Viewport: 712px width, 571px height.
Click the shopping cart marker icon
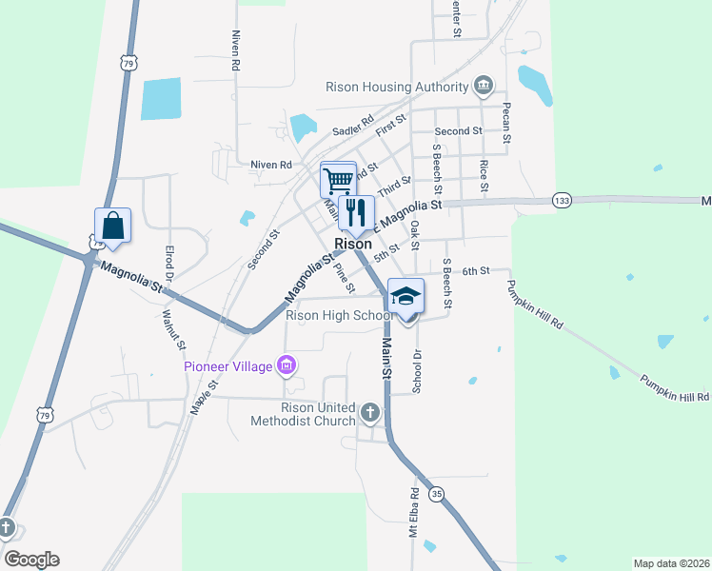click(338, 179)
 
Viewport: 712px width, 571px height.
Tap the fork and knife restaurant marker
click(356, 212)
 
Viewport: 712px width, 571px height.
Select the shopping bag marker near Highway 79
click(112, 226)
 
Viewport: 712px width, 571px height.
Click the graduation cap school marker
click(405, 297)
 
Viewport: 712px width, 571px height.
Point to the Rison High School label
click(340, 316)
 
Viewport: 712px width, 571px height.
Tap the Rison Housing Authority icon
click(484, 87)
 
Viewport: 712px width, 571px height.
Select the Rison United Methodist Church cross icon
click(370, 414)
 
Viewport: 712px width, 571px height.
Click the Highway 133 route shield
click(562, 201)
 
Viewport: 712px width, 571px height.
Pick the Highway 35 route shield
click(436, 494)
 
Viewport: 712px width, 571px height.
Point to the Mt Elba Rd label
click(414, 515)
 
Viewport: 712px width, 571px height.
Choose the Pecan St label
click(506, 124)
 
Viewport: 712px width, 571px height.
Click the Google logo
click(31, 560)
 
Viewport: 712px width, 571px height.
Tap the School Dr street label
click(416, 370)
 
